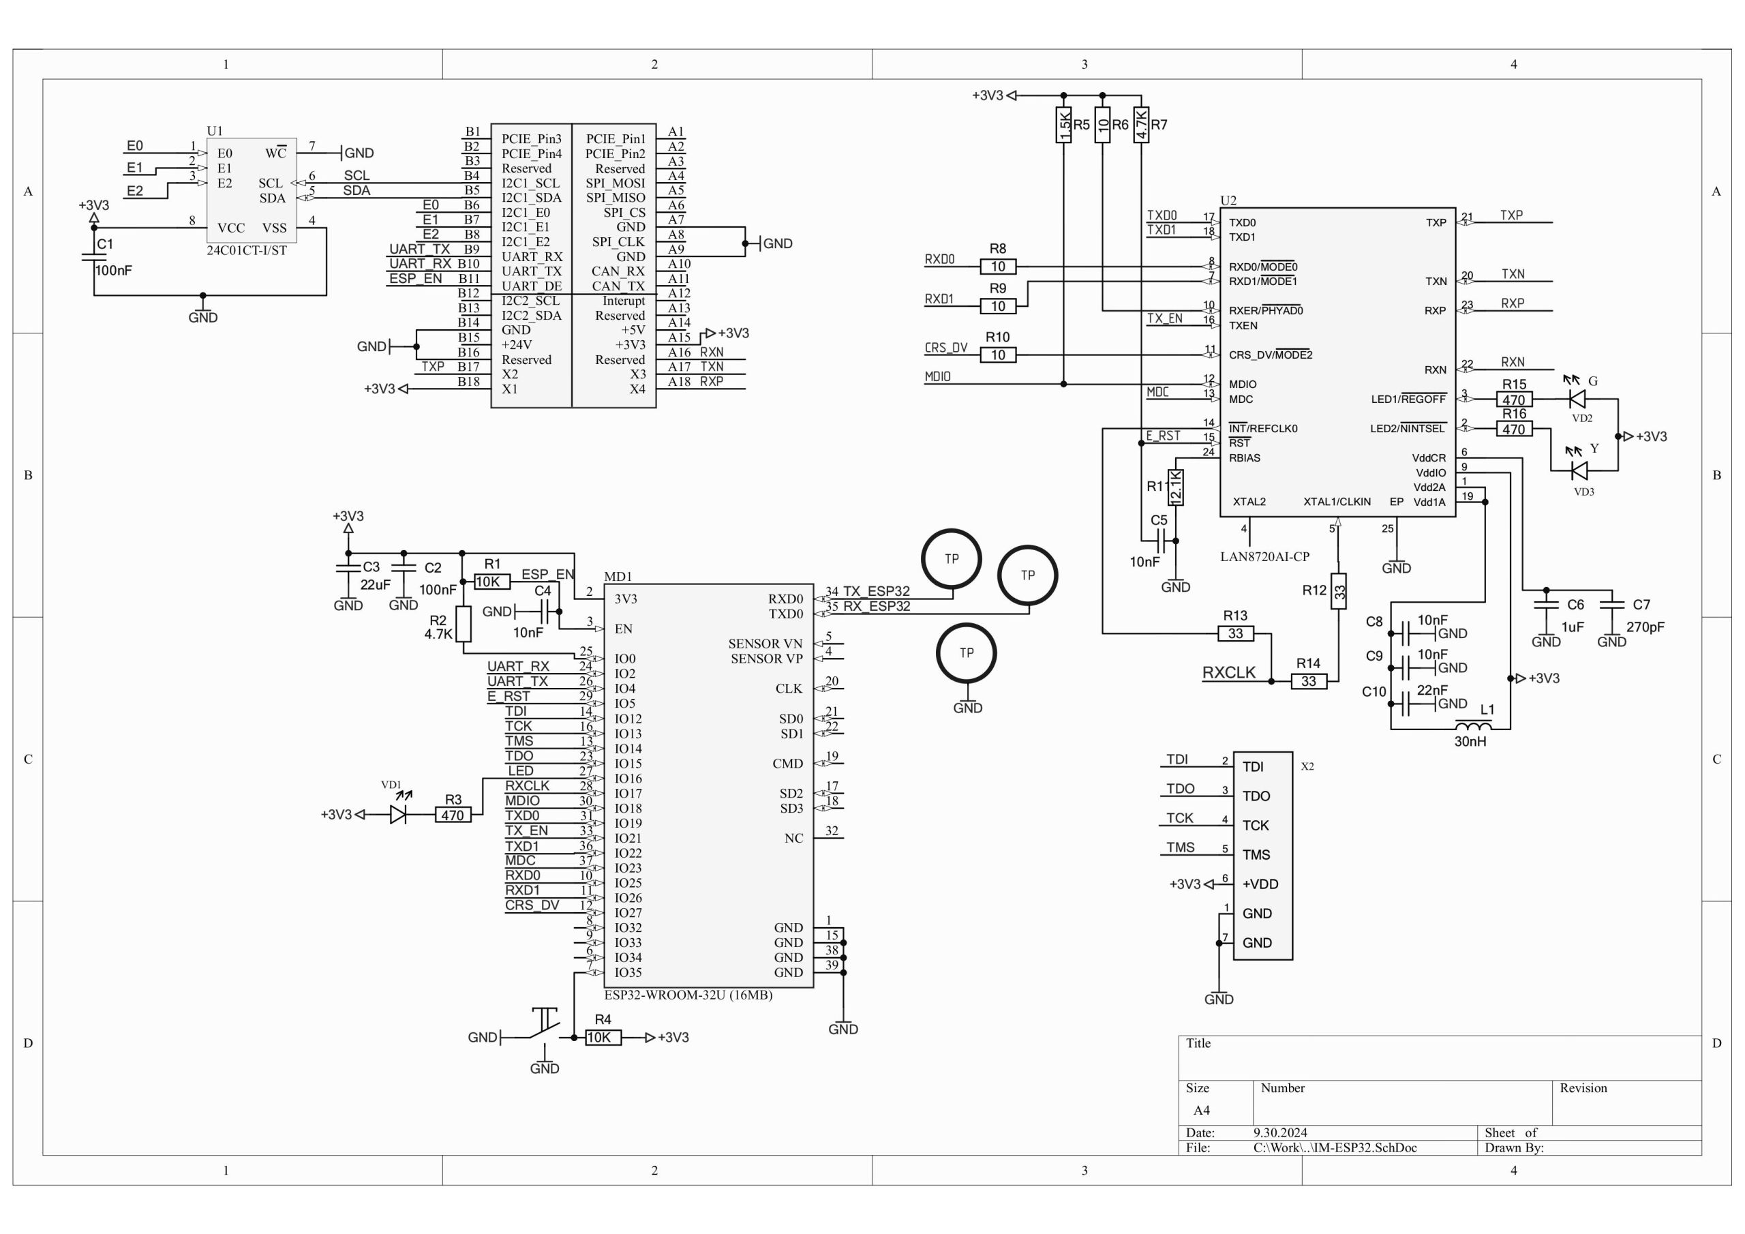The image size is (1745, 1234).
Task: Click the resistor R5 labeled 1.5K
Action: tap(1064, 125)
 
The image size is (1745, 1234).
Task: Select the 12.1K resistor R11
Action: tap(1176, 487)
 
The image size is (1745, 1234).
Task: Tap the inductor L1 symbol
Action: tap(1473, 725)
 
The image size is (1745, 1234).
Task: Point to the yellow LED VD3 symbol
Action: tap(1579, 470)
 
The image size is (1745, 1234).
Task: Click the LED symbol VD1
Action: tap(398, 814)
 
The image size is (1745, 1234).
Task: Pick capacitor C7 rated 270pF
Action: tap(1611, 605)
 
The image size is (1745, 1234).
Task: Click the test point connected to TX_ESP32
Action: tap(952, 559)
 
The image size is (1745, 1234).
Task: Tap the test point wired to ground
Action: tap(966, 653)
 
